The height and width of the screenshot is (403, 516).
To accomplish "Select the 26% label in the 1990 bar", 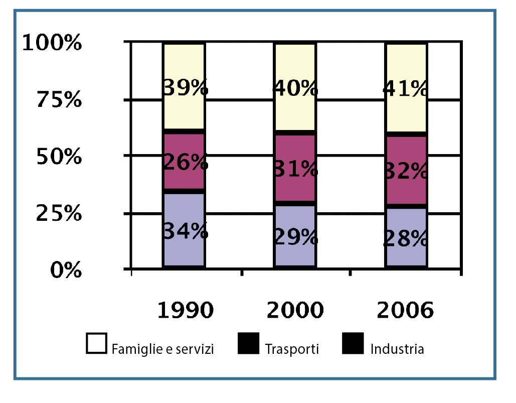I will pos(185,162).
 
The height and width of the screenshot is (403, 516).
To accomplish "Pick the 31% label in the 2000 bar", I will pos(295,169).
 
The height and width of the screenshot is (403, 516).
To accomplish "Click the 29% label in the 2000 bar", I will pos(295,236).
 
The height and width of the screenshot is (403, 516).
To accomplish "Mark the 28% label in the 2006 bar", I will pos(406,238).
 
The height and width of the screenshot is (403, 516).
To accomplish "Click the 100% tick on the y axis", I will pos(53,43).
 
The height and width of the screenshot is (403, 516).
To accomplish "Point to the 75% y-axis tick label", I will pos(59,100).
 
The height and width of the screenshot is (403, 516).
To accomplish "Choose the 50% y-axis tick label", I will pos(59,157).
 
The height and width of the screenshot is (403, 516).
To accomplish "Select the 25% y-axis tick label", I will pos(59,214).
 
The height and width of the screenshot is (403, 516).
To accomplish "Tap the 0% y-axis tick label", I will pos(66,271).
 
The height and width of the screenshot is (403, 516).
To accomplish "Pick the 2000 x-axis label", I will pos(295,311).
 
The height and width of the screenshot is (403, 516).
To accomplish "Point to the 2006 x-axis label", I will pos(405,311).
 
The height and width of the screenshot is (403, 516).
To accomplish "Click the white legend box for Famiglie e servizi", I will pos(96,344).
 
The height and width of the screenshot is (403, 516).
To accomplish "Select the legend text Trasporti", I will pos(292,348).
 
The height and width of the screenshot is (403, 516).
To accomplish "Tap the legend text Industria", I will pos(397,348).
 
